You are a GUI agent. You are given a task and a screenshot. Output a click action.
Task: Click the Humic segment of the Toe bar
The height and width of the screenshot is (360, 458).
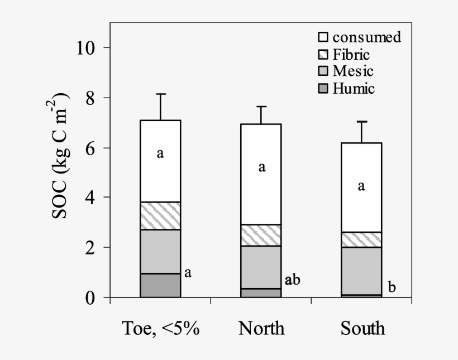[x=160, y=285]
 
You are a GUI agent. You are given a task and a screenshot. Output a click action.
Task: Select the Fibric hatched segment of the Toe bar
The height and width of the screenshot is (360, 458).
[x=160, y=216]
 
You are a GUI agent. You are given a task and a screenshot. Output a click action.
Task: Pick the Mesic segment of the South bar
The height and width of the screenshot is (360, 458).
[x=361, y=270]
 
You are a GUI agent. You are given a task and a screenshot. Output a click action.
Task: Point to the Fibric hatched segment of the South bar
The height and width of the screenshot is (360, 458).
[x=361, y=239]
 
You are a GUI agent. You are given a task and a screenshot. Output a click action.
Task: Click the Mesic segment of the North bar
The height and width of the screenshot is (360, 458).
[x=261, y=267]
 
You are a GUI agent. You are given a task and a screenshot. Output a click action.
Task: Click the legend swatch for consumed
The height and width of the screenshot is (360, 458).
[x=323, y=38]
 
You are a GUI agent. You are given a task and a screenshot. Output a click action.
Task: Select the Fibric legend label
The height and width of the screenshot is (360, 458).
[x=351, y=55]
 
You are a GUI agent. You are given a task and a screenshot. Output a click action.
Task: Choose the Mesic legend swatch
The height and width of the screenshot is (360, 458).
[x=323, y=71]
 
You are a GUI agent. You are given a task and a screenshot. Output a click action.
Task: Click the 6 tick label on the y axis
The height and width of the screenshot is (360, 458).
[x=90, y=148]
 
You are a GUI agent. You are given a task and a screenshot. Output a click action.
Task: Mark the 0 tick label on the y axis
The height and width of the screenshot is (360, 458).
[x=90, y=297]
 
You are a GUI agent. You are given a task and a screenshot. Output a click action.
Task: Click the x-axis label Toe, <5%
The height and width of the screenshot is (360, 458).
[x=160, y=328]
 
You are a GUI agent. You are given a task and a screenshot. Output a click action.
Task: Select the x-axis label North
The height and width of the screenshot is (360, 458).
[x=261, y=328]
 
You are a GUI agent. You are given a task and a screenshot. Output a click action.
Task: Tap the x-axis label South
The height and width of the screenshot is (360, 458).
[x=362, y=328]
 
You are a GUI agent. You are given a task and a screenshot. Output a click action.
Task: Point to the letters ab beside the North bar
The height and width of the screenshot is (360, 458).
[x=292, y=280]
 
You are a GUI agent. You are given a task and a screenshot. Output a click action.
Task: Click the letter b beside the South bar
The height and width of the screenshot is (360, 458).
[x=392, y=288]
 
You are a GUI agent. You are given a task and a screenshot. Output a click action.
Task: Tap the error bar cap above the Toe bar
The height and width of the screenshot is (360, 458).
[x=160, y=94]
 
